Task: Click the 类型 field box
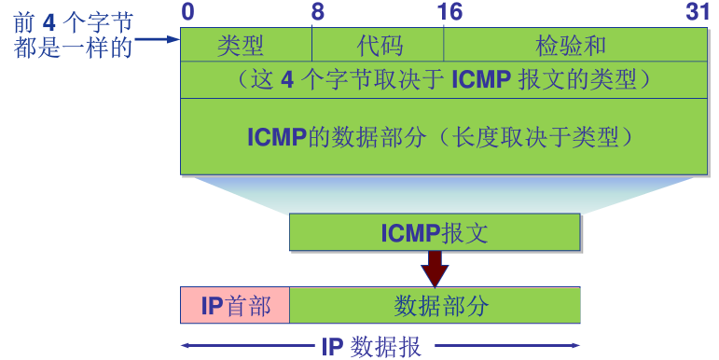245,45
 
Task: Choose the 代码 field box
378,45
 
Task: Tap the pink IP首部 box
235,305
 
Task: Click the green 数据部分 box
436,305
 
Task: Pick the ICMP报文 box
435,232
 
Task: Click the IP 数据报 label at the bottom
371,347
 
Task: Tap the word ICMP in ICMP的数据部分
277,136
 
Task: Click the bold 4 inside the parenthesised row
287,80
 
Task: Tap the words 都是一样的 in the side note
73,47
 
